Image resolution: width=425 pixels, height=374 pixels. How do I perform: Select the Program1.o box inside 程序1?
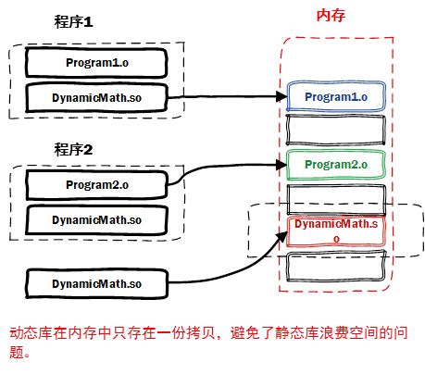95,61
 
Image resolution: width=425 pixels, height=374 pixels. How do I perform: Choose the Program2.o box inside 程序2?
95,185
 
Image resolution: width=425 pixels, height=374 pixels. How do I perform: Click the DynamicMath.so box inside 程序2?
95,220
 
